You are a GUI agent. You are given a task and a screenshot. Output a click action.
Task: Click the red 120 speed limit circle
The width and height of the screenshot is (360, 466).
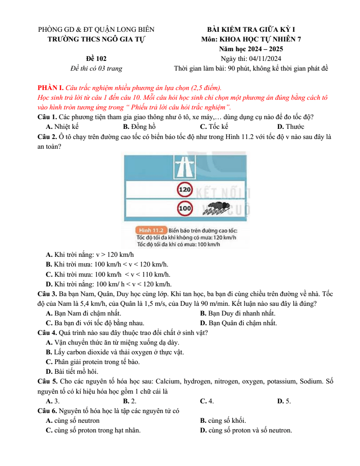185,189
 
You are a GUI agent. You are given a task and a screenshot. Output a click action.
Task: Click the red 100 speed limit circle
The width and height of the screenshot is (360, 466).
185,208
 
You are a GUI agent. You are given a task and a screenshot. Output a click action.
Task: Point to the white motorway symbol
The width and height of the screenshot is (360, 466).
185,167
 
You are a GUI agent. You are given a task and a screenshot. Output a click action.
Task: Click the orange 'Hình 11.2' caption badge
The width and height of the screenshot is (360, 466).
151,230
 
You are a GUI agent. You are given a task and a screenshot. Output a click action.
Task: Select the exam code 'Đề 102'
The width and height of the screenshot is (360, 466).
96,59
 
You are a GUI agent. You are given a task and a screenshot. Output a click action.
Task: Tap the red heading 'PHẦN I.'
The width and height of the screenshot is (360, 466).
50,88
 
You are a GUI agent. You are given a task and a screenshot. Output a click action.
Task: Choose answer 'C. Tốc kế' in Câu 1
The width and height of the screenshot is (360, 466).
214,127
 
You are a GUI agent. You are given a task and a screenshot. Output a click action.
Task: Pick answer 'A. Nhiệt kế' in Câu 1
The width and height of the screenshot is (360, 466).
62,127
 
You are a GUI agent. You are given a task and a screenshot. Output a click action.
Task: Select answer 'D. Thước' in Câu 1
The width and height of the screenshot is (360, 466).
290,127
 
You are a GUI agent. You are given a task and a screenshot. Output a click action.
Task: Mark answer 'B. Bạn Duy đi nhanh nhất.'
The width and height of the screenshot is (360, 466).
238,313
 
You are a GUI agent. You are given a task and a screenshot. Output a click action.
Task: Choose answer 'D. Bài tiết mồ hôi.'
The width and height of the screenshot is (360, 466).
72,372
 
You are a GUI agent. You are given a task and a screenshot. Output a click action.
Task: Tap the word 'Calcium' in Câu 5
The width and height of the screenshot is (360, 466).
168,381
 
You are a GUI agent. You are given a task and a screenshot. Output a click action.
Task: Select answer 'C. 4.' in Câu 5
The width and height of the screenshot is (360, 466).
207,401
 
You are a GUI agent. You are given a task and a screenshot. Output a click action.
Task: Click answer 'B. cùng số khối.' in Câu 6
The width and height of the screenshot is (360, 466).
223,421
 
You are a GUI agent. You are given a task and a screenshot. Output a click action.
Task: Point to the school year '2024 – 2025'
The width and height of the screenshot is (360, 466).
265,49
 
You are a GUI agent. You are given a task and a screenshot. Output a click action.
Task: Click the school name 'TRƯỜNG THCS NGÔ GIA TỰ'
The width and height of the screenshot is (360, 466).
96,39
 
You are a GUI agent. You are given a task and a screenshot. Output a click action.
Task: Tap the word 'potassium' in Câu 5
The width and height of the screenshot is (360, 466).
280,381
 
